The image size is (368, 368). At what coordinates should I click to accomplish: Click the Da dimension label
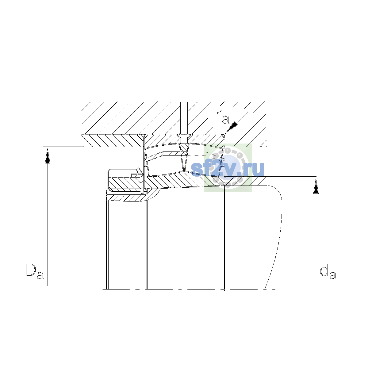[x=35, y=271]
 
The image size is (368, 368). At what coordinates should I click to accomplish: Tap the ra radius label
[x=222, y=117]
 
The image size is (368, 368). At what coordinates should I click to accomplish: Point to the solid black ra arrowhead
[x=232, y=127]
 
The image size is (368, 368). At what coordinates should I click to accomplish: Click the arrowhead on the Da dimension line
[x=48, y=156]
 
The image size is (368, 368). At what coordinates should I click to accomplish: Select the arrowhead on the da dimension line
[x=316, y=186]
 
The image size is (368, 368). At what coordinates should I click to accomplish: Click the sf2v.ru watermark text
[x=228, y=169]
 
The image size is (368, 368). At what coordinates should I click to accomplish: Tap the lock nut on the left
[x=125, y=180]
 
